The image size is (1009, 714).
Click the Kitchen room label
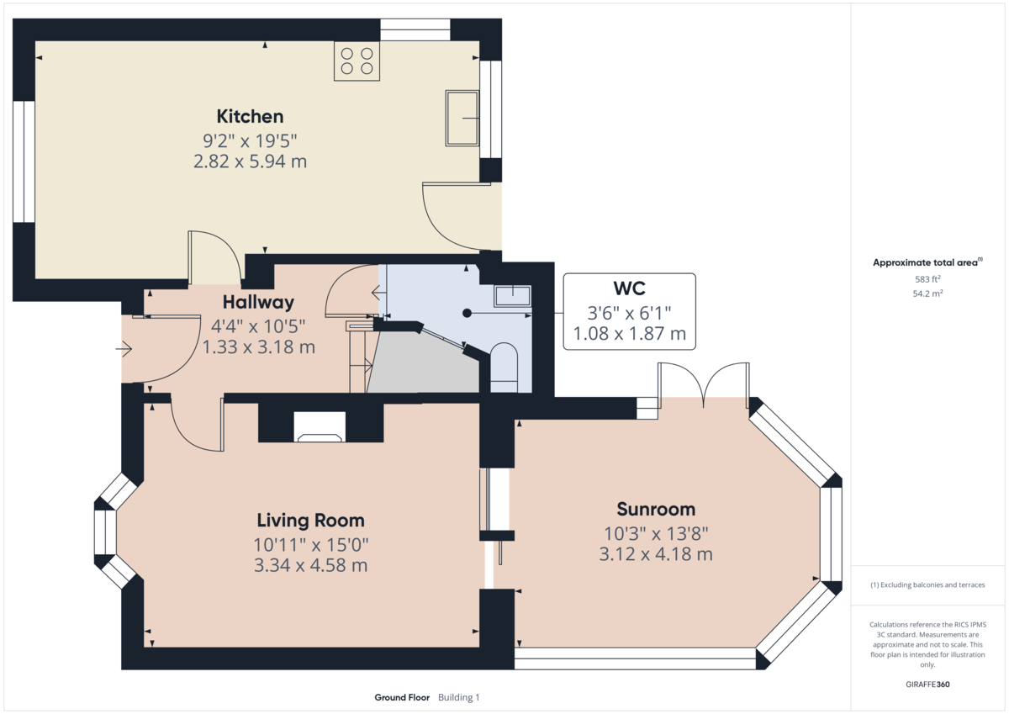(x=250, y=116)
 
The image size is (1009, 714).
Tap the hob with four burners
(x=356, y=61)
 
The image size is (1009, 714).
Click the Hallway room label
(x=258, y=303)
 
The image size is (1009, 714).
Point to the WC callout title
(x=629, y=288)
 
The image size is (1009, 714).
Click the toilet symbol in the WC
(x=504, y=367)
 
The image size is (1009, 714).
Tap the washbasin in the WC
(x=512, y=295)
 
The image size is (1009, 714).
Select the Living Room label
(x=310, y=520)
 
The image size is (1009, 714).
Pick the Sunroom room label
(x=656, y=509)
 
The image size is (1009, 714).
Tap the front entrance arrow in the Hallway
(x=125, y=347)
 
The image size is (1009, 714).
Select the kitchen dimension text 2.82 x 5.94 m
(x=250, y=161)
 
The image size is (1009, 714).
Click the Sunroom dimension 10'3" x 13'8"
(x=656, y=532)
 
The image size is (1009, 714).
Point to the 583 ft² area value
(x=927, y=279)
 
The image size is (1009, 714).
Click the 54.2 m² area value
(x=927, y=294)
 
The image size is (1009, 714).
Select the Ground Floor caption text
(x=402, y=697)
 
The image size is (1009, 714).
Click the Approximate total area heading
(x=926, y=262)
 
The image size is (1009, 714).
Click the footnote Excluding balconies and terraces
(x=927, y=584)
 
